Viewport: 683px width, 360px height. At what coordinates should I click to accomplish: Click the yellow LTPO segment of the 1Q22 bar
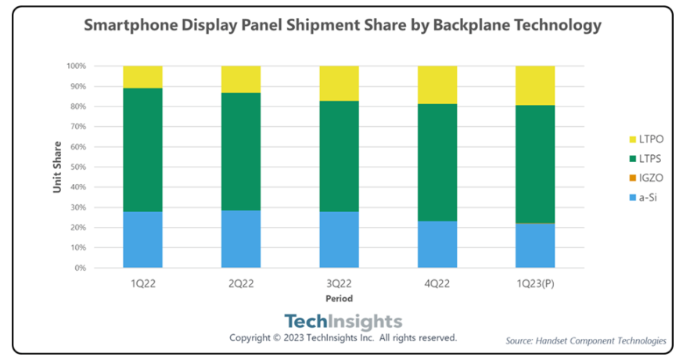click(142, 77)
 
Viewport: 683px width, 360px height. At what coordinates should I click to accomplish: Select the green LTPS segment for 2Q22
click(241, 151)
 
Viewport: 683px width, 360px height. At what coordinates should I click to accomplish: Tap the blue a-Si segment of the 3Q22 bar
click(339, 239)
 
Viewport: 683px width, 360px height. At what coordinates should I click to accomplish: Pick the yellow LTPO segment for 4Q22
click(437, 85)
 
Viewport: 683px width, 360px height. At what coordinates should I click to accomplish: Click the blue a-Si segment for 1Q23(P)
click(535, 246)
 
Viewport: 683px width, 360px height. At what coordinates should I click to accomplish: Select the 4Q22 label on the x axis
click(437, 284)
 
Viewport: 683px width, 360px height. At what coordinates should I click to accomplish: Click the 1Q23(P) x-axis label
click(535, 284)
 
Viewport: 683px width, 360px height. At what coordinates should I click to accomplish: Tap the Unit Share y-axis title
click(57, 167)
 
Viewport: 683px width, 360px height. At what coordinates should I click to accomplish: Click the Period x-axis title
click(339, 298)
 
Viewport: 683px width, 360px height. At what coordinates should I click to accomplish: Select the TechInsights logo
click(343, 321)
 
